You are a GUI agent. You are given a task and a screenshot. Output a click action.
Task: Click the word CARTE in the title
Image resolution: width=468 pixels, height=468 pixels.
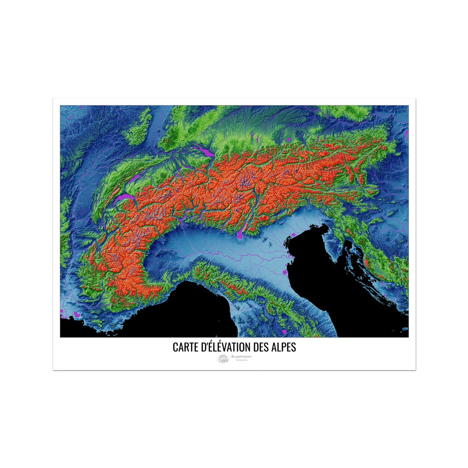[186, 347]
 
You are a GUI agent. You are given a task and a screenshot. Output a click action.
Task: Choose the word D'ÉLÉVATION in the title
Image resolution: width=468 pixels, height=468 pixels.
[226, 347]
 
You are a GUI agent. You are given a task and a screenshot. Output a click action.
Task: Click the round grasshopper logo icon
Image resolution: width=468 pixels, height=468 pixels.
[223, 359]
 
